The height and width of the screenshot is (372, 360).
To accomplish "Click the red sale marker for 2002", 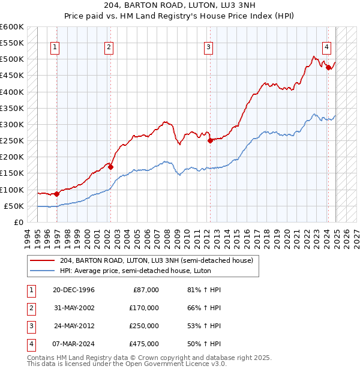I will (111, 167).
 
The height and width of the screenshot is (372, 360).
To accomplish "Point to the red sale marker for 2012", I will (210, 141).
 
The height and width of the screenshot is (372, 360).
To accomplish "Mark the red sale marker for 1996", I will (57, 194).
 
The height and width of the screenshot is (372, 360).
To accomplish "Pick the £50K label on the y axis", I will (14, 206).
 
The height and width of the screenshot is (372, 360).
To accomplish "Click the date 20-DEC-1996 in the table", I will (73, 290).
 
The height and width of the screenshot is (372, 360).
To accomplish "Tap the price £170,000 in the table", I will (144, 308).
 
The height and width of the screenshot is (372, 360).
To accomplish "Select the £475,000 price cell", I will (144, 344).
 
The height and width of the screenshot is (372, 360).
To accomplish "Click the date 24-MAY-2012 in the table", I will (73, 326).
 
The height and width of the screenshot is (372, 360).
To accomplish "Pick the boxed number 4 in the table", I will (31, 344).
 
